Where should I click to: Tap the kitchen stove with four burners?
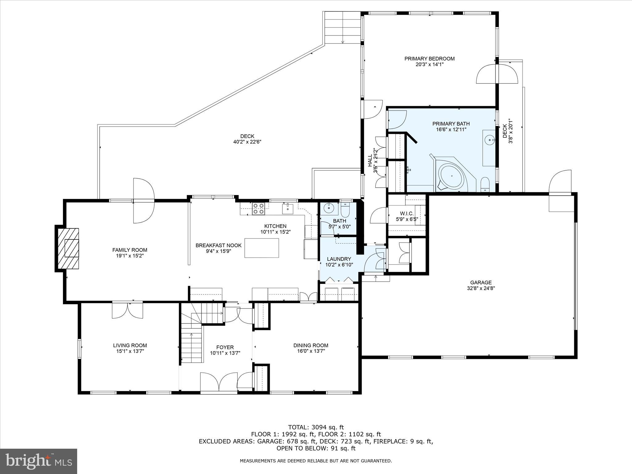[x=258, y=209]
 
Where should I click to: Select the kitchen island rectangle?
[x=262, y=248]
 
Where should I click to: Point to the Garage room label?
[x=481, y=282]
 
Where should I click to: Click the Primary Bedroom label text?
[x=429, y=59]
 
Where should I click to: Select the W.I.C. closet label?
[x=407, y=214]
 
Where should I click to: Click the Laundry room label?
[x=339, y=259]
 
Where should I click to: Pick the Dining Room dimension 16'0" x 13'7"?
[x=310, y=351]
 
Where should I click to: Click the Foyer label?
[x=225, y=347]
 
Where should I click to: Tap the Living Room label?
[x=130, y=345]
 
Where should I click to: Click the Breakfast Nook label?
[x=218, y=245]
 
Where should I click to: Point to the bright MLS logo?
[x=39, y=461]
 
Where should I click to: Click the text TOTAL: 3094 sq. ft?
[x=316, y=427]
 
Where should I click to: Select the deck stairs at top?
[x=342, y=28]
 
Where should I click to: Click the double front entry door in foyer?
[x=219, y=383]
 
